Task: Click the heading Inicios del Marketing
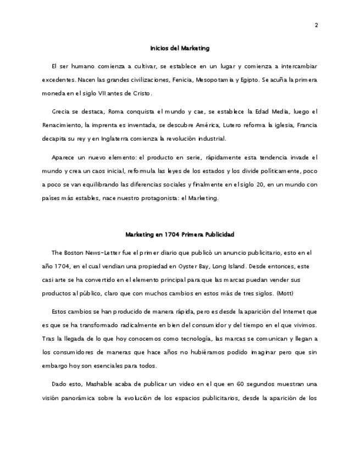pyautogui.click(x=180, y=48)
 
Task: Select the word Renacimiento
pyautogui.click(x=63, y=125)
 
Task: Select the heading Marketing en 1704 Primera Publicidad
pyautogui.click(x=180, y=235)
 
